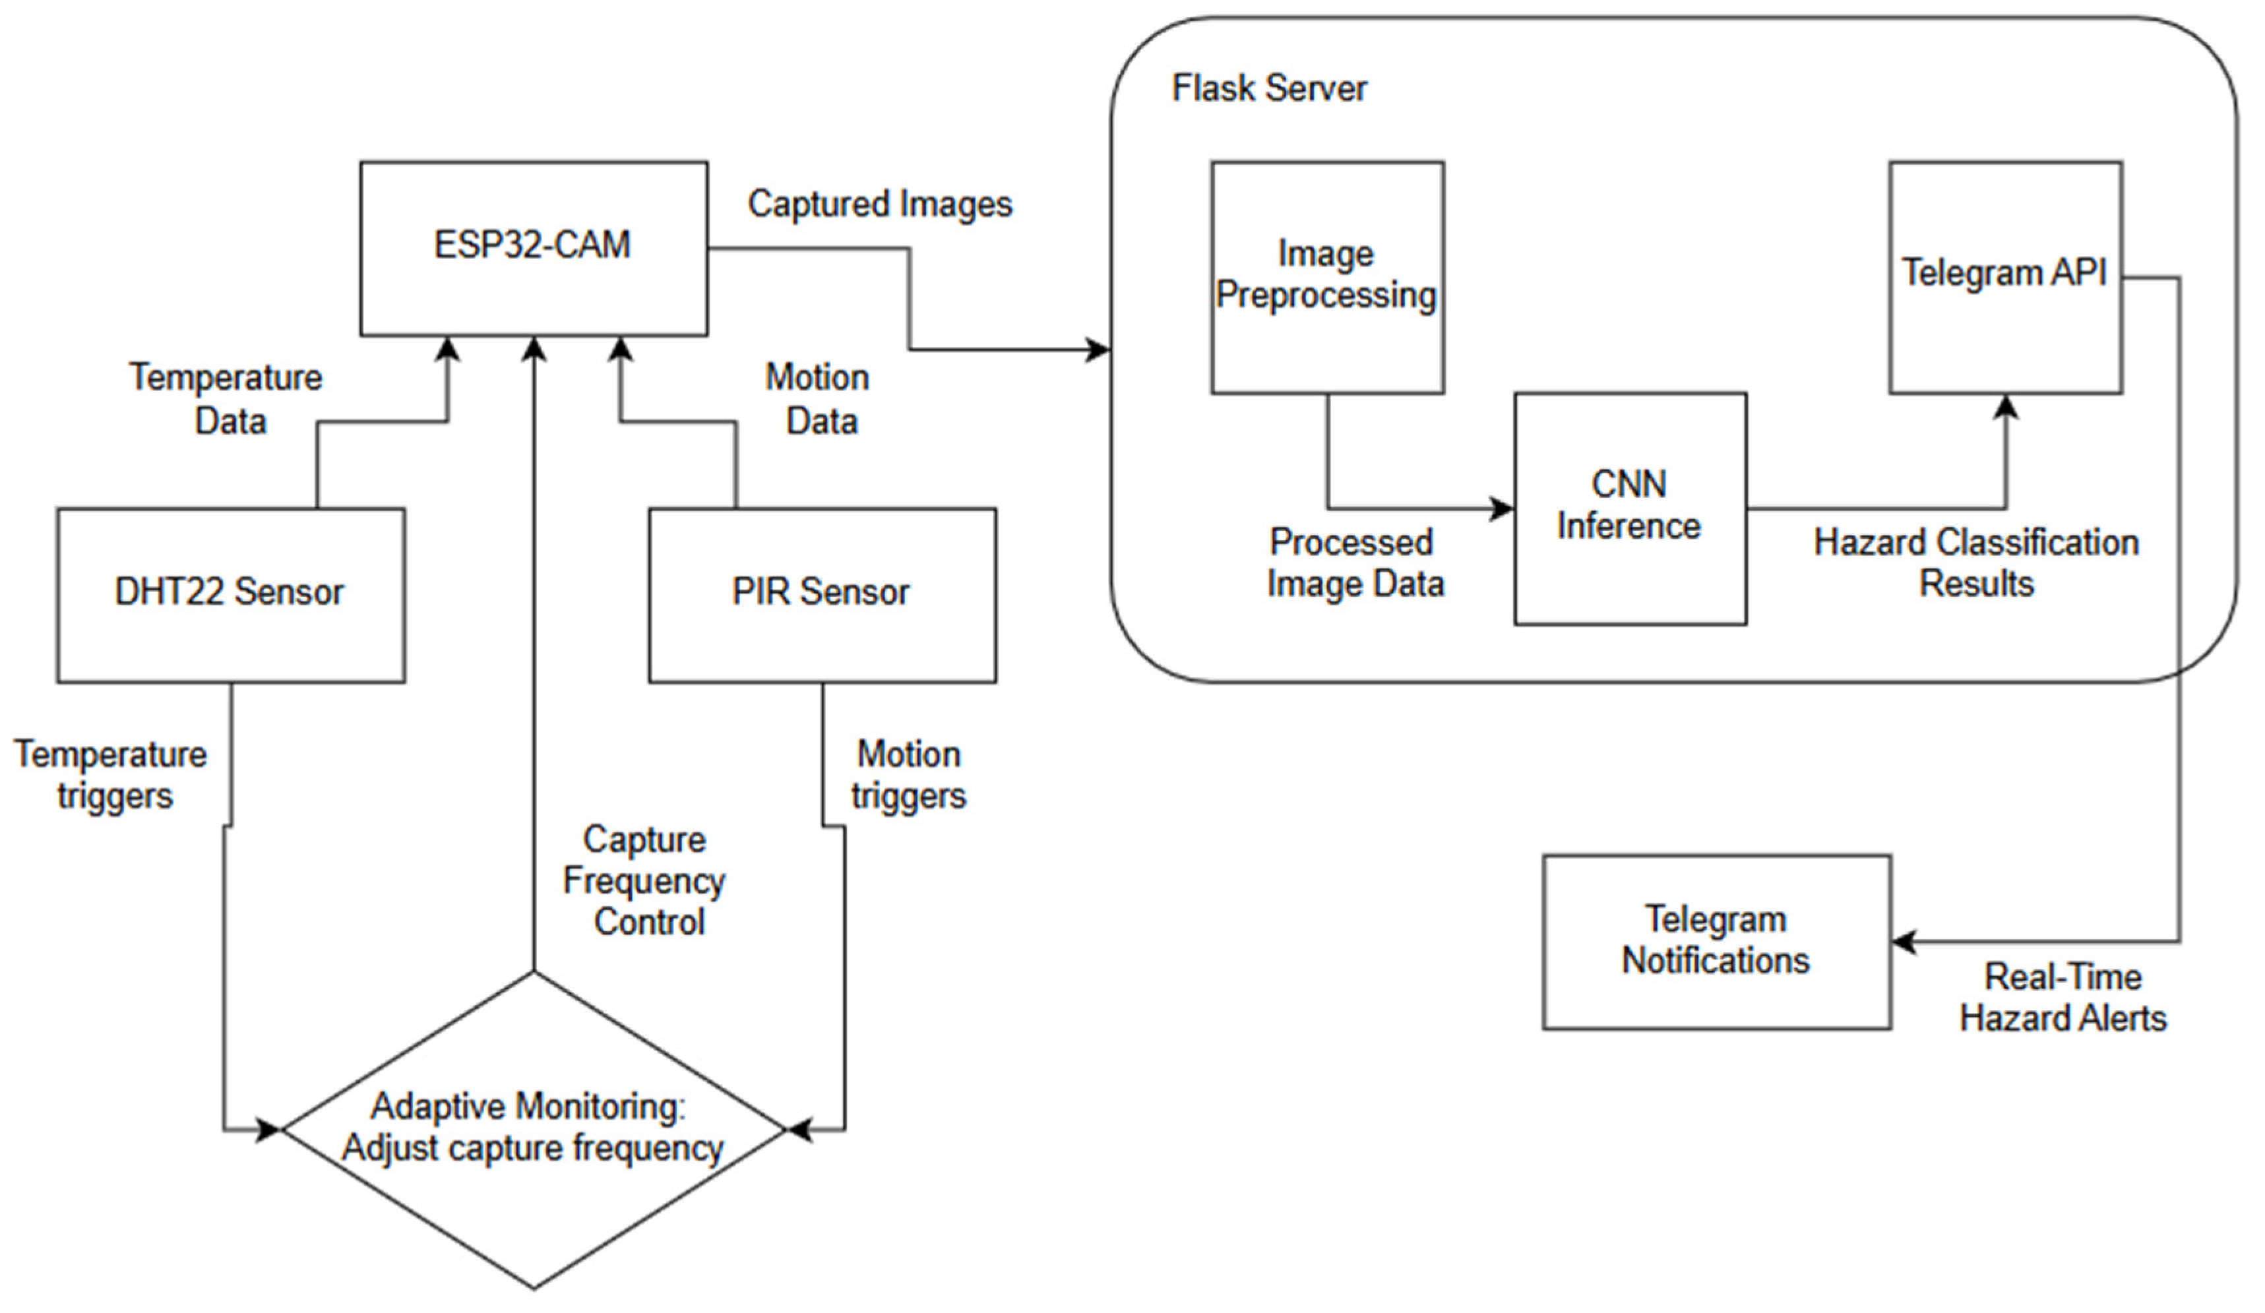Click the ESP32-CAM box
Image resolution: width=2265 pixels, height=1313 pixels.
(533, 248)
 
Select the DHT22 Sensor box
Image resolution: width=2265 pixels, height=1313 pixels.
(230, 595)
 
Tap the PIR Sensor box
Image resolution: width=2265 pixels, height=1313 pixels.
(822, 595)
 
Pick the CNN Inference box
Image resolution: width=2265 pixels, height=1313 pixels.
(1630, 508)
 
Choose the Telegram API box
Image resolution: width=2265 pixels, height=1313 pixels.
(2005, 277)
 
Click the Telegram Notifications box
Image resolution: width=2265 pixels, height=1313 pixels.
(1717, 942)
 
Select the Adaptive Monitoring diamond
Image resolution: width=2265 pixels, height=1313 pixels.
(533, 1129)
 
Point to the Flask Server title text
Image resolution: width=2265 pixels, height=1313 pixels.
(1268, 88)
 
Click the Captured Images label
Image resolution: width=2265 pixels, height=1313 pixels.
(880, 204)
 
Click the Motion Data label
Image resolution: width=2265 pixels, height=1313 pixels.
(818, 399)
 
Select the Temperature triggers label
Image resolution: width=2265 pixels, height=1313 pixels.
(111, 775)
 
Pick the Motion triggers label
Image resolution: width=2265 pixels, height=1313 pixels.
(909, 775)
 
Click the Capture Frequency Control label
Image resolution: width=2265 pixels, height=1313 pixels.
(645, 881)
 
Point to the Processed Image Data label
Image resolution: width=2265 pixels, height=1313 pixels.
(1355, 563)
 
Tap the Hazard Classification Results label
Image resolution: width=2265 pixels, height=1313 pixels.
(1975, 563)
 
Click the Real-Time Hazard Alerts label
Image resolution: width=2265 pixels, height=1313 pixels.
(2063, 998)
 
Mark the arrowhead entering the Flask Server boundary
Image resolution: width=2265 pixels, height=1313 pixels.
(1098, 350)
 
